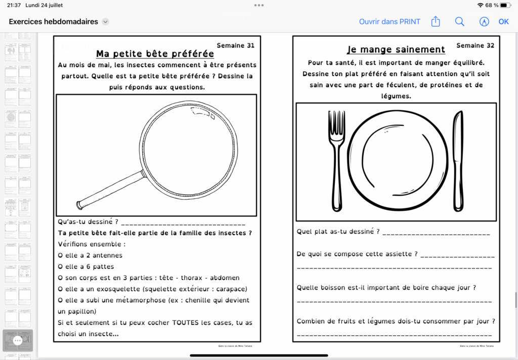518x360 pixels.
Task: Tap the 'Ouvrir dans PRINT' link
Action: [x=390, y=22]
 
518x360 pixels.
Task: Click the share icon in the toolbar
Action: [x=436, y=22]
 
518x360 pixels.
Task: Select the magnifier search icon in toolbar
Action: [x=459, y=22]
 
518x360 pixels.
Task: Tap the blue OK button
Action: [x=503, y=22]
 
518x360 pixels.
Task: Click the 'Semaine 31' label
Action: [x=235, y=46]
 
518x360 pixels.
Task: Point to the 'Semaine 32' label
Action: [x=475, y=46]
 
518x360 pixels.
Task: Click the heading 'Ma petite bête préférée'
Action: [x=155, y=54]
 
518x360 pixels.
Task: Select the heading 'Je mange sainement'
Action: [x=396, y=50]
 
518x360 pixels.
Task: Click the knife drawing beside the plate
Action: [x=457, y=161]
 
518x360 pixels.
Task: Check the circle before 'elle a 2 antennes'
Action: [x=61, y=255]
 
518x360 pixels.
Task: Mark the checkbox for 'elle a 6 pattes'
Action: [x=61, y=266]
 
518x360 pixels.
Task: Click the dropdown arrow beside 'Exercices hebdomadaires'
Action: [x=105, y=22]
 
